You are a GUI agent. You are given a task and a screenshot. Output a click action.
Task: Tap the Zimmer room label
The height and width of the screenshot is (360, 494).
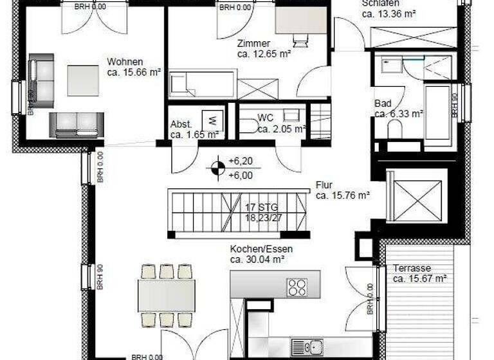(x=248, y=44)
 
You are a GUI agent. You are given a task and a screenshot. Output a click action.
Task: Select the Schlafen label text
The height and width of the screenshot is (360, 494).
(x=376, y=3)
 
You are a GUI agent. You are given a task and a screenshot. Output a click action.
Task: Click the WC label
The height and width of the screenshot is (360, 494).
(x=266, y=118)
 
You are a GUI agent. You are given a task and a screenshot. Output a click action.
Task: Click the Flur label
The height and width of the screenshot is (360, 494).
(x=324, y=185)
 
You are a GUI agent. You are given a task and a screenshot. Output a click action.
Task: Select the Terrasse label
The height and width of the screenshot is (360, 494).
(x=412, y=268)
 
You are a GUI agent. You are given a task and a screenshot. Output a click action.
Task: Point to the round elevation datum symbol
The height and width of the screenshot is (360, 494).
(x=217, y=169)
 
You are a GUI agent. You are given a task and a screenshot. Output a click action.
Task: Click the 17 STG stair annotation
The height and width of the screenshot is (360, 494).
(x=259, y=208)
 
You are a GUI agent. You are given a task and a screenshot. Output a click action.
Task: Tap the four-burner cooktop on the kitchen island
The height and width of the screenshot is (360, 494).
(x=297, y=286)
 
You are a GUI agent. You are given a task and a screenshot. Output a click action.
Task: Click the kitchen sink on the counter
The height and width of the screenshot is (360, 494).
(x=306, y=346)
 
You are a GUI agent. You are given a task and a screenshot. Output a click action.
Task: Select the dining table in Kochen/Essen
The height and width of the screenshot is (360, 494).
(x=167, y=296)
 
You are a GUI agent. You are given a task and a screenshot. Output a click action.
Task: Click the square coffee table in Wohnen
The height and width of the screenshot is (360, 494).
(x=83, y=81)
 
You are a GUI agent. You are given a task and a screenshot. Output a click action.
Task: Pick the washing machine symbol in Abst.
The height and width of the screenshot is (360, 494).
(x=213, y=120)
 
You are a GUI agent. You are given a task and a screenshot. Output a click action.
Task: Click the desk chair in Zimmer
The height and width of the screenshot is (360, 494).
(x=300, y=40)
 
